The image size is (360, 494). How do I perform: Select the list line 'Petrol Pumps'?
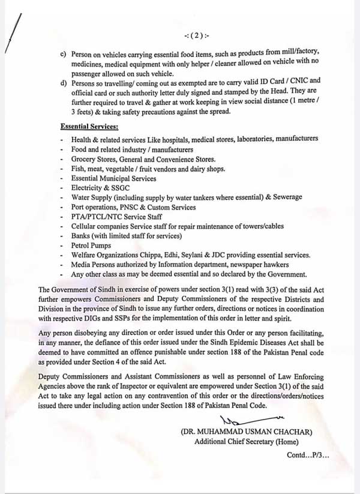point(91,245)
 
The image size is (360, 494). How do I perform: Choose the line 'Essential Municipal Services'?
point(113,178)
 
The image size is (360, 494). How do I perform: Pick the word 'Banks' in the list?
point(81,236)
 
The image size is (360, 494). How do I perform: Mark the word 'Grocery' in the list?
point(84,159)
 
